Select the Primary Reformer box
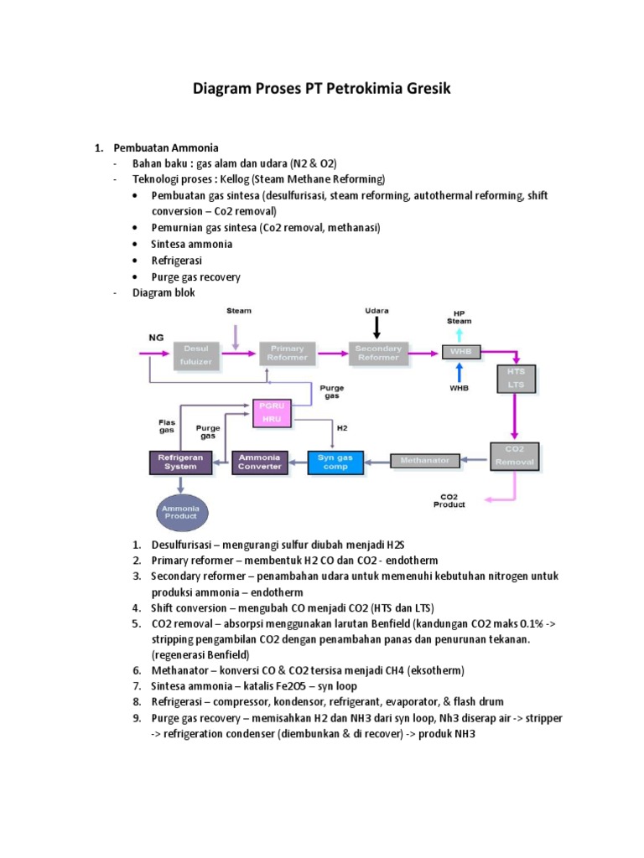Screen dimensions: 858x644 pyautogui.click(x=288, y=353)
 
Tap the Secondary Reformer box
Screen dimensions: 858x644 pyautogui.click(x=378, y=353)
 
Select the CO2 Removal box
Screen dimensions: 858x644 pyautogui.click(x=513, y=456)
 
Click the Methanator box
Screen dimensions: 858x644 pyautogui.click(x=425, y=460)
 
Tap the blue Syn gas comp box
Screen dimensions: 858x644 pyautogui.click(x=335, y=462)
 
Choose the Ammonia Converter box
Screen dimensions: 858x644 pyautogui.click(x=259, y=462)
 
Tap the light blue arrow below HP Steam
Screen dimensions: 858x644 pyautogui.click(x=459, y=334)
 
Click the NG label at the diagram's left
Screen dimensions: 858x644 pyautogui.click(x=157, y=338)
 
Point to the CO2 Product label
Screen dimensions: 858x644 pyautogui.click(x=449, y=500)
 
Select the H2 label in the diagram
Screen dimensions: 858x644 pyautogui.click(x=341, y=427)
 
